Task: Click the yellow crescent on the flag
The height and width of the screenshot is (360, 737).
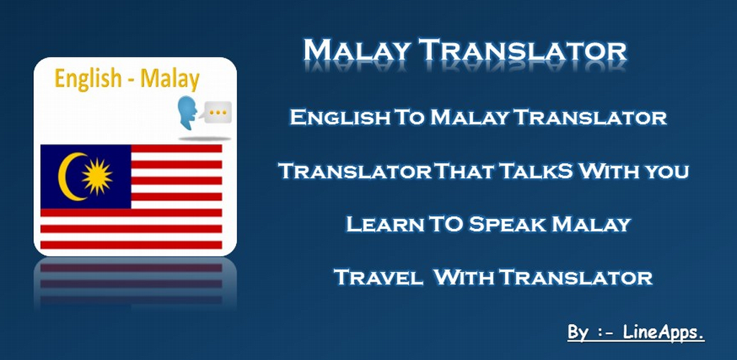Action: pos(65,176)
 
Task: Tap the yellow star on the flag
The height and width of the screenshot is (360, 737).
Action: pos(97,176)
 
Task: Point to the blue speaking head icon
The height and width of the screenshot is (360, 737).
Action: pos(188,114)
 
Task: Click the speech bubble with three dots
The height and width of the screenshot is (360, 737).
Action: pos(217,112)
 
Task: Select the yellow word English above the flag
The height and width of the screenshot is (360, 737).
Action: pos(88,78)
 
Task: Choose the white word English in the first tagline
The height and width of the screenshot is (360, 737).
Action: pos(340,117)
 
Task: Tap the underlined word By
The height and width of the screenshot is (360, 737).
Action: pos(578,333)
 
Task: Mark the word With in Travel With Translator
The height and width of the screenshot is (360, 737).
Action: pos(463,277)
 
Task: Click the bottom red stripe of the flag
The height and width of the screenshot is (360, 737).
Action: pos(131,245)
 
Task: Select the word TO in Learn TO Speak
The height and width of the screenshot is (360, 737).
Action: pos(446,224)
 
